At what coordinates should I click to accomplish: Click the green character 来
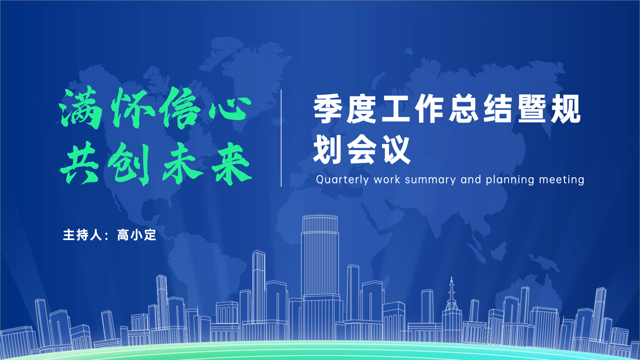tap(232, 164)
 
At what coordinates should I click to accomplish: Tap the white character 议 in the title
tap(396, 149)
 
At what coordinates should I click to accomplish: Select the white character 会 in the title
tap(362, 149)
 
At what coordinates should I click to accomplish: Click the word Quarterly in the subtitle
tap(342, 180)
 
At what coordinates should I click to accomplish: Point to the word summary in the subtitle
tap(430, 180)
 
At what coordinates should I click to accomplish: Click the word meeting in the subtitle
tap(562, 180)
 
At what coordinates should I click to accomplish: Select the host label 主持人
tap(83, 235)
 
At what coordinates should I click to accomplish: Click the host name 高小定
tap(137, 235)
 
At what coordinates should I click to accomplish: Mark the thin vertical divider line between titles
tap(281, 138)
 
